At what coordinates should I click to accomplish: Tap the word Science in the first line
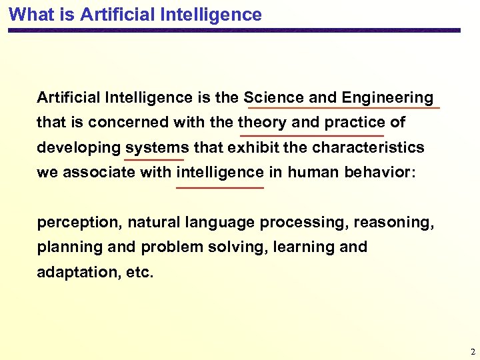click(x=275, y=97)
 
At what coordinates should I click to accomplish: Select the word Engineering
click(x=387, y=98)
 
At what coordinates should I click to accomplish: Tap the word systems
click(x=157, y=147)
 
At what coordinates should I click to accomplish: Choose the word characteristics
click(x=368, y=147)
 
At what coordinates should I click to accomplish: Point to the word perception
click(x=79, y=222)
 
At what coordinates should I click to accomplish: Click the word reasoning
click(x=394, y=222)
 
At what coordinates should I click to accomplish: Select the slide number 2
click(x=472, y=351)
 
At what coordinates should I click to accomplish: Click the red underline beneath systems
click(x=154, y=160)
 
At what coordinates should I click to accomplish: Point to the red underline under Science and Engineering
click(x=343, y=108)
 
